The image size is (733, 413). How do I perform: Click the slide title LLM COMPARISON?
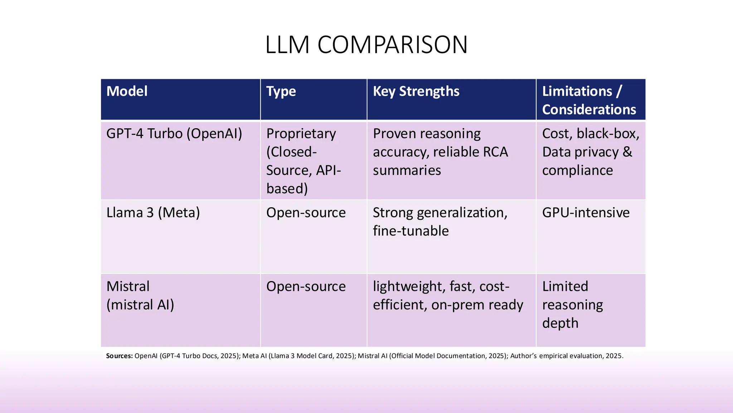(366, 45)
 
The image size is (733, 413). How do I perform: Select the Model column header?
(127, 91)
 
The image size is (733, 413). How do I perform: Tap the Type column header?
(281, 91)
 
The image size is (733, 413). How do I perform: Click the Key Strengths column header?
(416, 91)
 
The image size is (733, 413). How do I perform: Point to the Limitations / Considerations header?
(589, 100)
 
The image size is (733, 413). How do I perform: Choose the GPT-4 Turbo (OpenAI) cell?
(174, 134)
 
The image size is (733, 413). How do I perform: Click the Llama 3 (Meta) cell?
(153, 213)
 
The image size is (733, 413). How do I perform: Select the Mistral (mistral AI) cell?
(140, 295)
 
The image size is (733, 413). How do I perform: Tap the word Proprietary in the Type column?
(301, 134)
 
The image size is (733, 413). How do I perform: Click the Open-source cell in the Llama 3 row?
(306, 213)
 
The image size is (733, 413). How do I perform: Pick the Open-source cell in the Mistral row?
(306, 286)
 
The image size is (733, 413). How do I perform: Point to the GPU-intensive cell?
(586, 213)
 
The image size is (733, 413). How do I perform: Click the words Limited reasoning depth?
(572, 304)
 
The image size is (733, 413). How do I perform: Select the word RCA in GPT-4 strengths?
(495, 152)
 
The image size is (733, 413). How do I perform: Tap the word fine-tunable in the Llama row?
(411, 231)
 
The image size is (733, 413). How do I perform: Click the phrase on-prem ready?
(477, 305)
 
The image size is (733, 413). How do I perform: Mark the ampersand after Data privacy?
(627, 152)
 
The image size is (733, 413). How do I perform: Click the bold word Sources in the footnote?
(119, 356)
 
